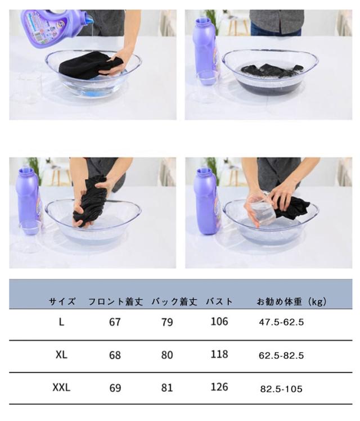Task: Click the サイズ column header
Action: (x=62, y=301)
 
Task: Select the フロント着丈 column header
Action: (x=115, y=301)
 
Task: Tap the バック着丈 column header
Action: (x=174, y=301)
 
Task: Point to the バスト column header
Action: (x=219, y=301)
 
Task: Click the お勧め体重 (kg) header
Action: (x=291, y=302)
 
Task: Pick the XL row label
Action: (x=61, y=355)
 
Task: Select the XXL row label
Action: (x=61, y=387)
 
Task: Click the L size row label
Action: (x=61, y=322)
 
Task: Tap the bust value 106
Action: (x=219, y=322)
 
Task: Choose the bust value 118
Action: (x=219, y=355)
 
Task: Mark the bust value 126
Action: (x=219, y=387)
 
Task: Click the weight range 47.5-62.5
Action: (x=281, y=322)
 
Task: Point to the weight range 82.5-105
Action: (x=281, y=389)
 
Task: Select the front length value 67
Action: (x=115, y=322)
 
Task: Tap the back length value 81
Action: (x=167, y=388)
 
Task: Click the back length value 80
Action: (x=167, y=355)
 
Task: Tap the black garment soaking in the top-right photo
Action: (x=272, y=70)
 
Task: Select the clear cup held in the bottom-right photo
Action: (x=260, y=210)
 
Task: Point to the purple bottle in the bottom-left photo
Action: (x=28, y=201)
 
